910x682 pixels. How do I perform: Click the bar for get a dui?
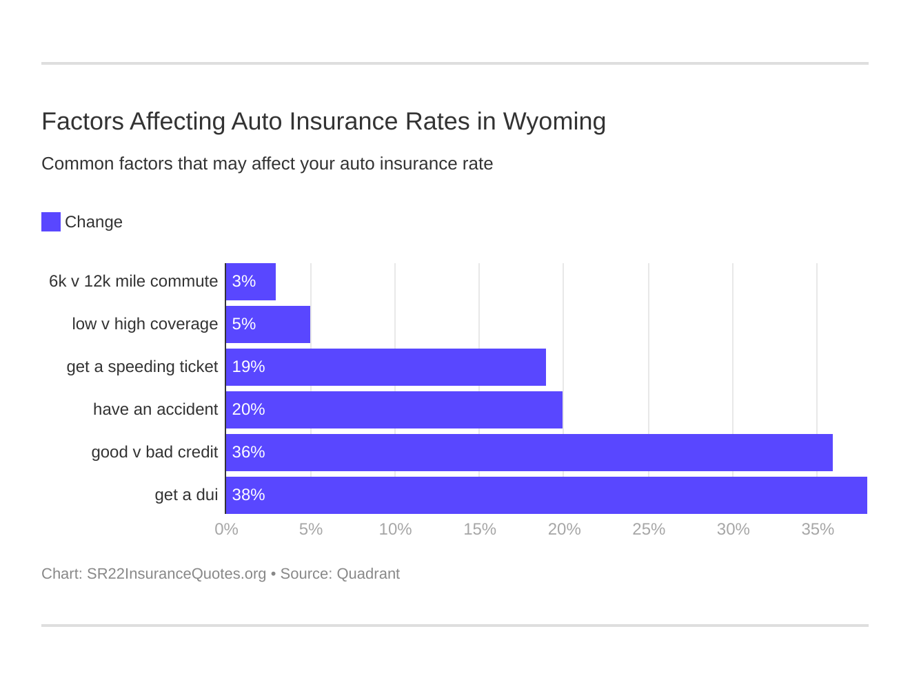click(546, 495)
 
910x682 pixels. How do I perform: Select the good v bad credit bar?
click(529, 453)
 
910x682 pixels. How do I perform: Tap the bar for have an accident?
click(394, 410)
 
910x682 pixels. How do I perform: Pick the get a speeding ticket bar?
click(385, 367)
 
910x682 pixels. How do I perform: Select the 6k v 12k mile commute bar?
click(250, 282)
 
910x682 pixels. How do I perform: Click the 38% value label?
click(248, 495)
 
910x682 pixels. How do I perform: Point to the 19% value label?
click(248, 367)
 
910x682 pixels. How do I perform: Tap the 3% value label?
click(244, 282)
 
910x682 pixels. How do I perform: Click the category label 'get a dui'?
click(186, 495)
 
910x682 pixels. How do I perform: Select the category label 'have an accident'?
click(155, 410)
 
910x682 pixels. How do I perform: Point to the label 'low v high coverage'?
click(145, 324)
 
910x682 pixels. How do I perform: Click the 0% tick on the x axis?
click(226, 530)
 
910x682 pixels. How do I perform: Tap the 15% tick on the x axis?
click(480, 530)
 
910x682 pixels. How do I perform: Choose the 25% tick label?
click(649, 530)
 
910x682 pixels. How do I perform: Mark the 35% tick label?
click(818, 530)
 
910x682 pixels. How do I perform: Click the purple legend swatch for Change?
click(51, 222)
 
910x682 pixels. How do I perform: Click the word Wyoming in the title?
click(554, 122)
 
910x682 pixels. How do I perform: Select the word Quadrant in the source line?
click(368, 574)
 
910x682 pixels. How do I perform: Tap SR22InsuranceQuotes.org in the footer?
click(176, 574)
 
